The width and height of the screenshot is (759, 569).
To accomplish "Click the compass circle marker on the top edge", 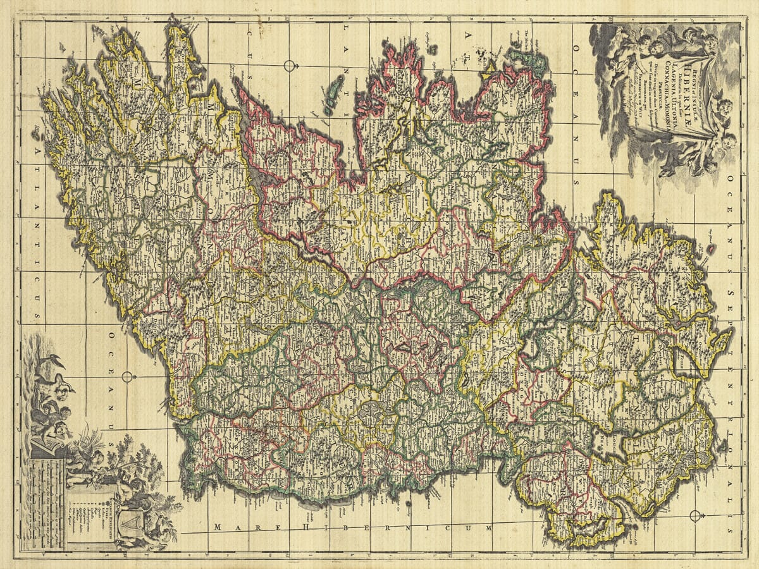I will click(290, 66).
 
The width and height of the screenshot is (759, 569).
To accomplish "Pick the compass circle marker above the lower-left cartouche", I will click(127, 377).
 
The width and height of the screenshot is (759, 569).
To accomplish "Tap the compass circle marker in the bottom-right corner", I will click(695, 515).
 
